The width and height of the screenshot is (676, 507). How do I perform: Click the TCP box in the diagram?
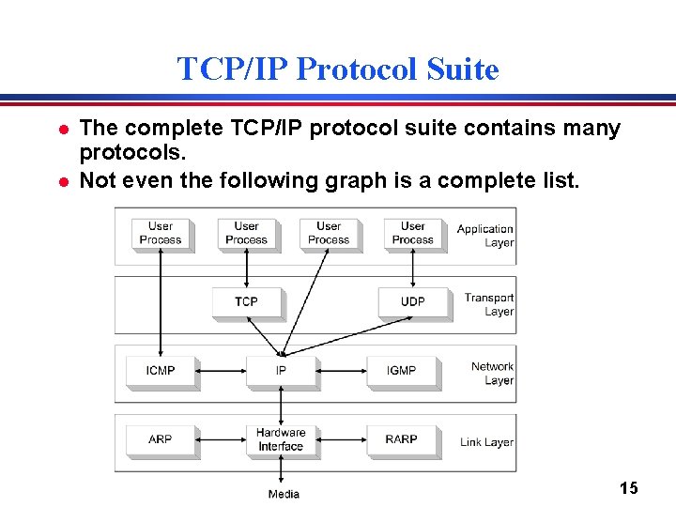coord(246,302)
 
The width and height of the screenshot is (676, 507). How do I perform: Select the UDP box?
coord(413,302)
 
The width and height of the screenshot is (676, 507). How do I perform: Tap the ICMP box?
coord(161,371)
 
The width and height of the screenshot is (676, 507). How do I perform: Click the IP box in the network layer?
coord(281,371)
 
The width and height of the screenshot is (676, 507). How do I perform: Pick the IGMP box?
coord(401,371)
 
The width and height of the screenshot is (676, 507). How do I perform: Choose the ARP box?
coord(161,439)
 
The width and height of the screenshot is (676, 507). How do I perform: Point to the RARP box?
coord(401,439)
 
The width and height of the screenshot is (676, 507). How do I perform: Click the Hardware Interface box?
coord(281,439)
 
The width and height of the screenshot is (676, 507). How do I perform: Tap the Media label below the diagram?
coord(284,494)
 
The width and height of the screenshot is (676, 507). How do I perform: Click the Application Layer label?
coord(485,236)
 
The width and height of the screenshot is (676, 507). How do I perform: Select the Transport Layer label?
coord(489,304)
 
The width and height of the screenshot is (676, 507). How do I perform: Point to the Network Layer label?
coord(492,374)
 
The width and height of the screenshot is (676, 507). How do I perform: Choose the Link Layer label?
coord(486,442)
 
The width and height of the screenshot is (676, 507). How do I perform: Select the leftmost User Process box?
coord(161,233)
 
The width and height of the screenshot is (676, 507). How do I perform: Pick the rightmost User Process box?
coord(413,233)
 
